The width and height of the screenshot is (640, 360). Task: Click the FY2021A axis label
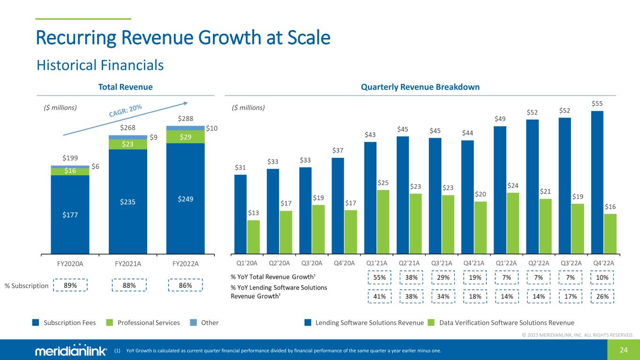coord(128,263)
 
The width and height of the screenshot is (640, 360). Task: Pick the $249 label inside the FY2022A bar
coord(185,199)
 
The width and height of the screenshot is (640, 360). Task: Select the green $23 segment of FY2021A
coord(128,145)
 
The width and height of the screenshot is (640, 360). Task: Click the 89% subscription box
coord(70,285)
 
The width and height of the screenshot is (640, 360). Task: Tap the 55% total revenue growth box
coord(379,277)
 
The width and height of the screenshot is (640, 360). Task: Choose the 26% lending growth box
coord(602,296)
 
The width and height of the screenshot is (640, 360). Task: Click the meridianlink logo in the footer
coord(71,352)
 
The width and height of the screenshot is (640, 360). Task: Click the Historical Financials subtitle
coord(100,65)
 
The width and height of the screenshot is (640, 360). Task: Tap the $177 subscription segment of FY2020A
coord(70,215)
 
